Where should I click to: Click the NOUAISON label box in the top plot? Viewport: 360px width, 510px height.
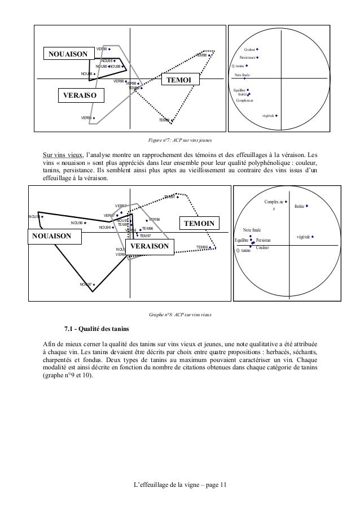(x=68, y=54)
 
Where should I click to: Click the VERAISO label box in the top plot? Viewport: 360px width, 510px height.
(x=78, y=96)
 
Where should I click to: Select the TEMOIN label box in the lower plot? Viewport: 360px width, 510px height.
(x=199, y=223)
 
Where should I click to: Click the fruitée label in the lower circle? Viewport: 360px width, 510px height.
(x=299, y=207)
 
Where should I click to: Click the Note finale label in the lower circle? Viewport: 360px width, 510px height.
(x=252, y=230)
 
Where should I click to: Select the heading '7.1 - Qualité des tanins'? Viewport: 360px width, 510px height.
(x=96, y=329)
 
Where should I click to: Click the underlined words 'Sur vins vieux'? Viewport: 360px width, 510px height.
(x=62, y=154)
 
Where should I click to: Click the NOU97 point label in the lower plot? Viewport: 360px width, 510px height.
(x=85, y=284)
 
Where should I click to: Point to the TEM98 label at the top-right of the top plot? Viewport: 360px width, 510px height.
(x=202, y=55)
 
